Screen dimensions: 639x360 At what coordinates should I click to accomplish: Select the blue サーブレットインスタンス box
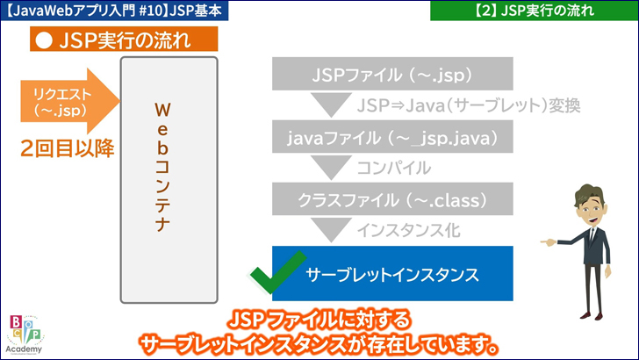coord(392,274)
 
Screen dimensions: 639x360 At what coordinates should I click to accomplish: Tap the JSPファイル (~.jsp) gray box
coord(392,74)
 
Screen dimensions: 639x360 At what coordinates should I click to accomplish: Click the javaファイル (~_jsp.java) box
coord(392,137)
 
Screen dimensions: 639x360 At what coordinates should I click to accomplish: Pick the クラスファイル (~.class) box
coord(392,199)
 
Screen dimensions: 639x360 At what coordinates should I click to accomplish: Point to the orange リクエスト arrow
coord(70,101)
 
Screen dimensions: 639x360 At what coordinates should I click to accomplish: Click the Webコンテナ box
coord(169,180)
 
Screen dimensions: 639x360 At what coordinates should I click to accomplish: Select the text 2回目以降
coord(68,148)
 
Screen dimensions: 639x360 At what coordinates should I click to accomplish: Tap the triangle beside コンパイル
coord(331,167)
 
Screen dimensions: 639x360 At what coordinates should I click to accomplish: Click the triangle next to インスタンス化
coord(331,229)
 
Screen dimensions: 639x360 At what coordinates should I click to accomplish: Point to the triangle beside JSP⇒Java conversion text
coord(331,104)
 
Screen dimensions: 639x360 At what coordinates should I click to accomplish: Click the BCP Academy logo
coord(25,335)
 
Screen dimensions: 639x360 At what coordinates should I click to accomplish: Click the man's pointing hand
coord(549,242)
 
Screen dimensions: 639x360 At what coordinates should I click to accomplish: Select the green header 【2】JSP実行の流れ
coord(535,11)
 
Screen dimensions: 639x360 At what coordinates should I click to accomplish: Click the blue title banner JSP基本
coord(114,11)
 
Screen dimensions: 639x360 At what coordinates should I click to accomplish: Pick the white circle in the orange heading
coord(44,40)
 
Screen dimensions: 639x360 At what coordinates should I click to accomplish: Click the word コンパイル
coord(394,168)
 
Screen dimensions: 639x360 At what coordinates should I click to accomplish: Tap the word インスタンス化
coord(409,231)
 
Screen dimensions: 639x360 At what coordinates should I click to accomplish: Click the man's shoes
coord(592,315)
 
